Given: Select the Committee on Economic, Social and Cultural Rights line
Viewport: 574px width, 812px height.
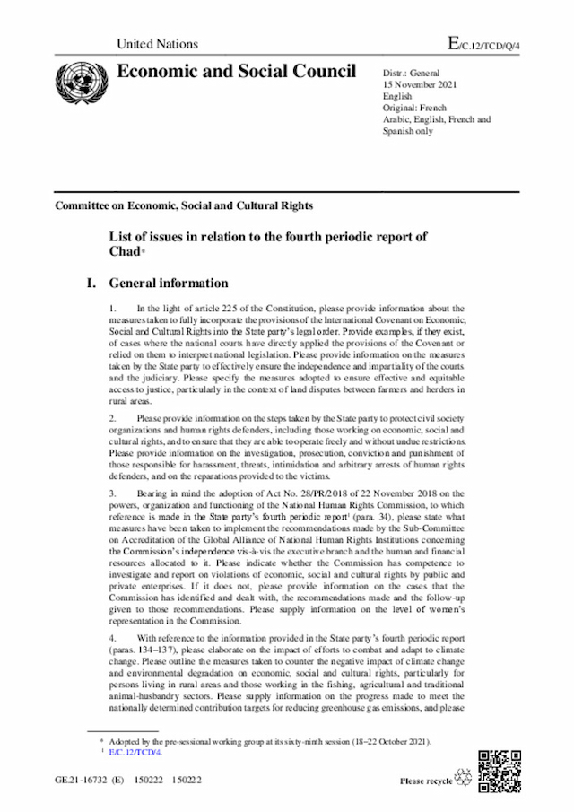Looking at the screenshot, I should pos(184,205).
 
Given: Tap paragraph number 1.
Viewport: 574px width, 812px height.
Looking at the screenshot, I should pos(112,309).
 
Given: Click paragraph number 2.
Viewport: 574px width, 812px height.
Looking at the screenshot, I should pos(112,418).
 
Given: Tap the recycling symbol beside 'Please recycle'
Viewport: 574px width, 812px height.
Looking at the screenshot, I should pos(465,778).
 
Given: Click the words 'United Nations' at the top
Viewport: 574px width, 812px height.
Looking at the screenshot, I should pos(157,44).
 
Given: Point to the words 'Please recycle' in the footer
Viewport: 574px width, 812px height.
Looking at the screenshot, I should pos(426,781).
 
